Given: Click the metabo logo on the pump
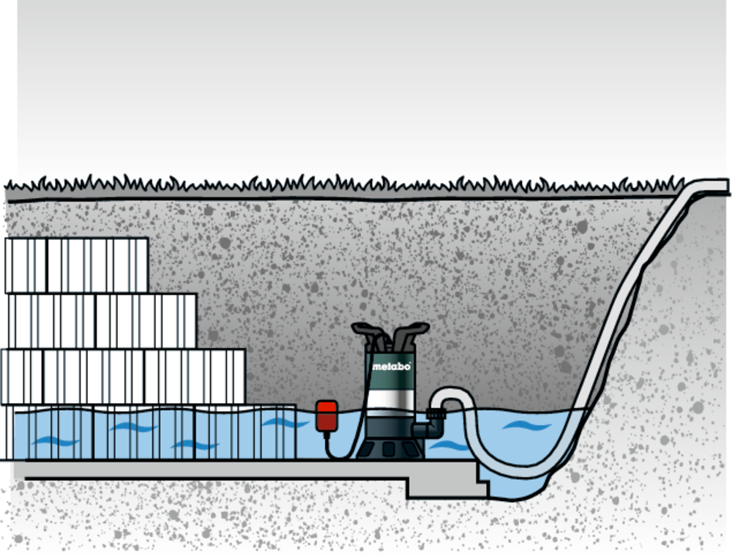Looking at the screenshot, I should (x=391, y=366).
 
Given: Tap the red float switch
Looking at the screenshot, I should (x=326, y=415).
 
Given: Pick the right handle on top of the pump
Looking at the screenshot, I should (x=410, y=334).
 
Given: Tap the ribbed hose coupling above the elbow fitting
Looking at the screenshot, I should (x=437, y=414).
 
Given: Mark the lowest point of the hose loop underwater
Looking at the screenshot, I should (x=512, y=472).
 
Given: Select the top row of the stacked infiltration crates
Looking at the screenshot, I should (x=77, y=265).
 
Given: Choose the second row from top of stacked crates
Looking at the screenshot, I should (x=102, y=320).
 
